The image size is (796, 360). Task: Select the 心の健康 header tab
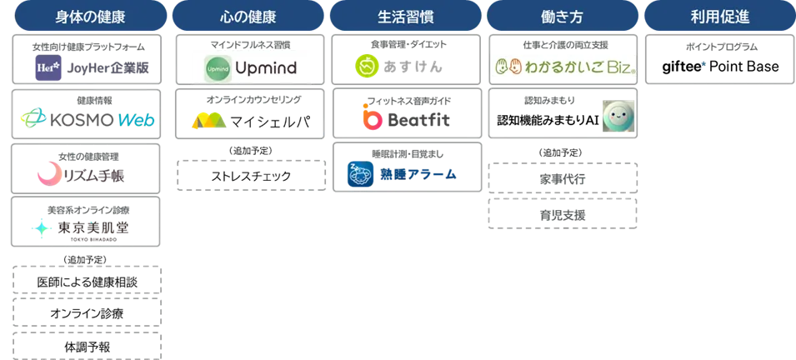coord(247,17)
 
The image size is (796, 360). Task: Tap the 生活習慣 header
coord(403,17)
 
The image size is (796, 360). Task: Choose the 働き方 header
coord(561,17)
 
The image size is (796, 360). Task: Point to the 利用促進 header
coord(719,17)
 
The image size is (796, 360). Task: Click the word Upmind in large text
coord(265,67)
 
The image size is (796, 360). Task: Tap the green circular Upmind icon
coord(219,67)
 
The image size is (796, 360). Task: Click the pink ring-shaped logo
coord(48,174)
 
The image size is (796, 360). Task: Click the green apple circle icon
coord(367,66)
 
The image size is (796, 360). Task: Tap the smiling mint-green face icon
coord(618,117)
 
